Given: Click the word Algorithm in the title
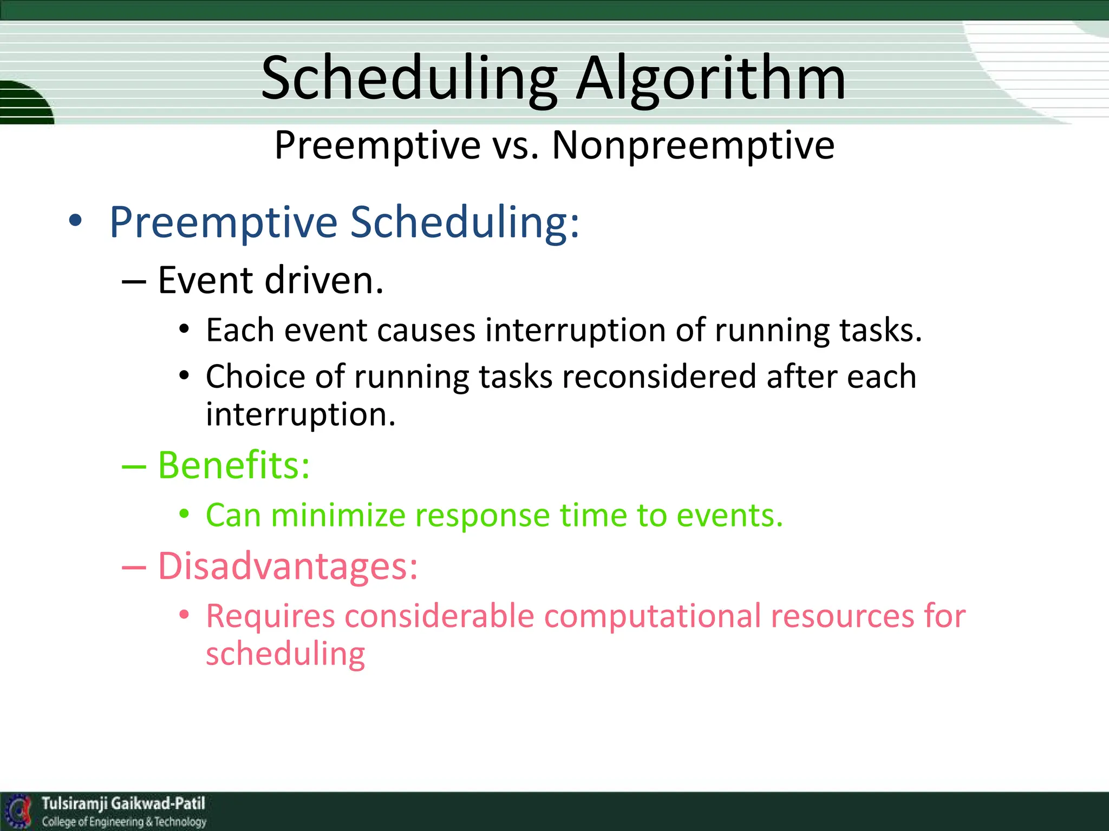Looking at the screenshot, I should coord(710,80).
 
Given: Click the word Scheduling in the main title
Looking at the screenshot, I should coord(409,80).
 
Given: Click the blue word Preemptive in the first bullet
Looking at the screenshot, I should coord(223,222).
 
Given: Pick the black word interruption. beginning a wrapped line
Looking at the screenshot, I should coord(301,415).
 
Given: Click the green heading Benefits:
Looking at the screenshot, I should coord(233,465).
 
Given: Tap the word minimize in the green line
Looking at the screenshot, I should coord(338,515).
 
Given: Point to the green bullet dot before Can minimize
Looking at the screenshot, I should coord(184,514).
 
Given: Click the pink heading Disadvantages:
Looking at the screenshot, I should coord(288,566).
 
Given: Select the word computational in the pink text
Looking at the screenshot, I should coord(652,616).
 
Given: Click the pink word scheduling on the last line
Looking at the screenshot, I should coord(285,654).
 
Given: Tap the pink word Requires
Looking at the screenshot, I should coord(270,616).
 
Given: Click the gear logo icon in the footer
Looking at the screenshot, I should coord(19,811).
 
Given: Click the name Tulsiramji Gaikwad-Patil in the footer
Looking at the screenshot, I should coord(123,803).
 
